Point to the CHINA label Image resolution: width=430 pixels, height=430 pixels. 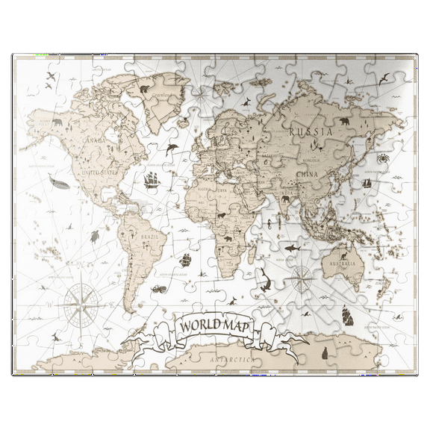[307, 175]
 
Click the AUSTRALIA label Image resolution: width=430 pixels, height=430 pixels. [341, 264]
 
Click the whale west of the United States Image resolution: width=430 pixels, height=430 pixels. [55, 181]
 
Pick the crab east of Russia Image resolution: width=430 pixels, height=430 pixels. [381, 158]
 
